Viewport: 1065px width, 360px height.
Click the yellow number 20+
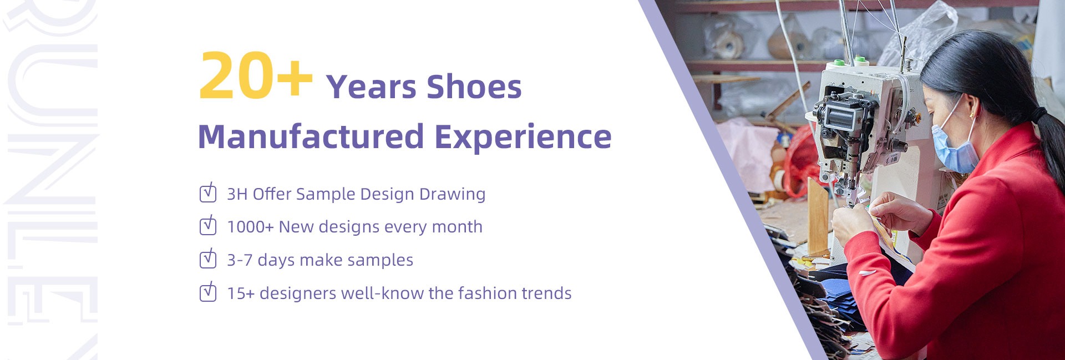click(256, 76)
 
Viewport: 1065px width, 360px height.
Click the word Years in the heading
click(371, 87)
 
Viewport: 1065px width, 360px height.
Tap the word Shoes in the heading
click(474, 87)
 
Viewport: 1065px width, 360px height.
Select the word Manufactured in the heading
click(311, 136)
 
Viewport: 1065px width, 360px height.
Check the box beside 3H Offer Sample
click(208, 192)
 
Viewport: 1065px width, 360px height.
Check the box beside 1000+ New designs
click(208, 225)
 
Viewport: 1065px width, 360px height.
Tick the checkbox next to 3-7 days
click(208, 258)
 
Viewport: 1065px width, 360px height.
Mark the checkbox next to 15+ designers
click(208, 292)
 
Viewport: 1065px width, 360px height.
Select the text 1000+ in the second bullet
click(250, 227)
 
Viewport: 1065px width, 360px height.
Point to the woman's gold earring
click(971, 115)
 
